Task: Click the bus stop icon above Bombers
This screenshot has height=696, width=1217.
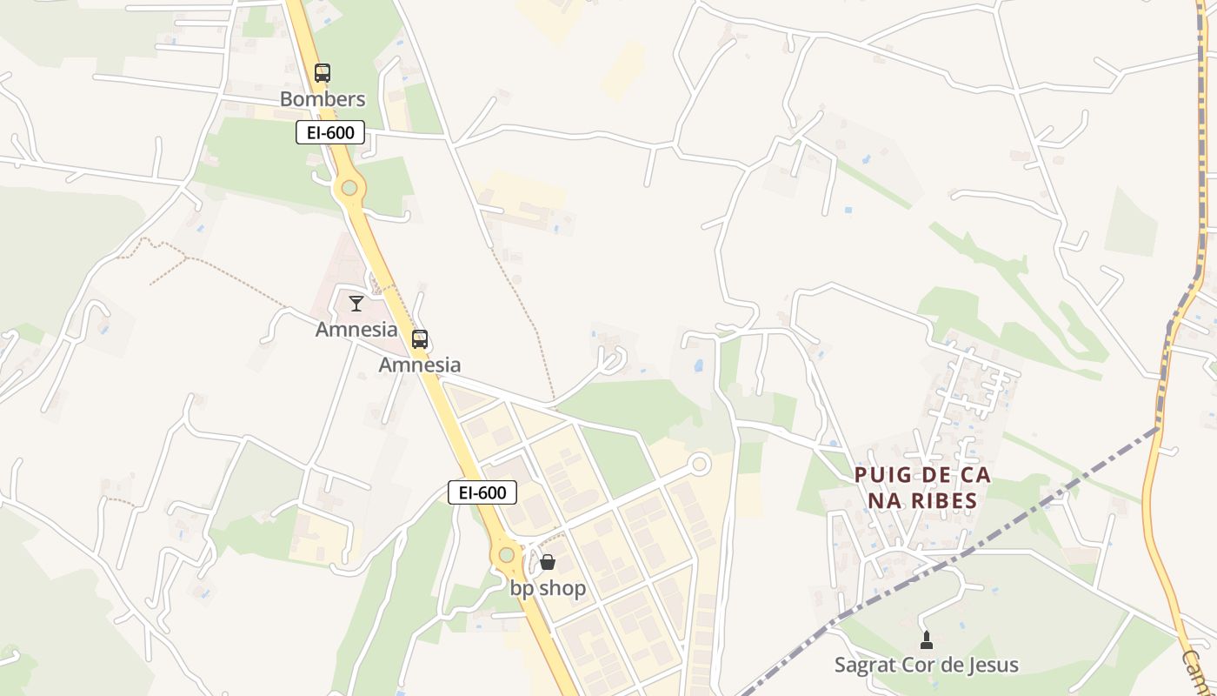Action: pyautogui.click(x=323, y=73)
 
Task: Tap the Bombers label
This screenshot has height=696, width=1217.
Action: pyautogui.click(x=323, y=99)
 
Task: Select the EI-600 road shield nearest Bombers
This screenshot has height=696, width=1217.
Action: pyautogui.click(x=330, y=133)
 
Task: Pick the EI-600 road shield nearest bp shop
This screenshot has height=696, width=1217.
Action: pyautogui.click(x=482, y=492)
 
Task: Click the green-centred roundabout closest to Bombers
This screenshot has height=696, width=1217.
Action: pyautogui.click(x=349, y=187)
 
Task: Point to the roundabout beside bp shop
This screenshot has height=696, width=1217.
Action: pyautogui.click(x=506, y=554)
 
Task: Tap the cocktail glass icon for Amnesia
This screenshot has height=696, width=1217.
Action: pyautogui.click(x=356, y=303)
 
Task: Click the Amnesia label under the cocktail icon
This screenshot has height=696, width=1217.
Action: pyautogui.click(x=356, y=331)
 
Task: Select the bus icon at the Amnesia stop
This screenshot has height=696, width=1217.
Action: pyautogui.click(x=420, y=339)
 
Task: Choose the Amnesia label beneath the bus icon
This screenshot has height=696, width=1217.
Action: pyautogui.click(x=420, y=365)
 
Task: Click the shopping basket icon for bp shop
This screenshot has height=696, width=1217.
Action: pyautogui.click(x=548, y=562)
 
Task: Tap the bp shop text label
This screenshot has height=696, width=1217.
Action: pyautogui.click(x=548, y=589)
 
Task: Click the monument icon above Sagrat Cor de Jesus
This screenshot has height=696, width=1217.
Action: pyautogui.click(x=927, y=640)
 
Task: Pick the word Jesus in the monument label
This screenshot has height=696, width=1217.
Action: pyautogui.click(x=990, y=666)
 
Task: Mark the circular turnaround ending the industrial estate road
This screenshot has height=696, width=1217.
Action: pyautogui.click(x=700, y=465)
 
